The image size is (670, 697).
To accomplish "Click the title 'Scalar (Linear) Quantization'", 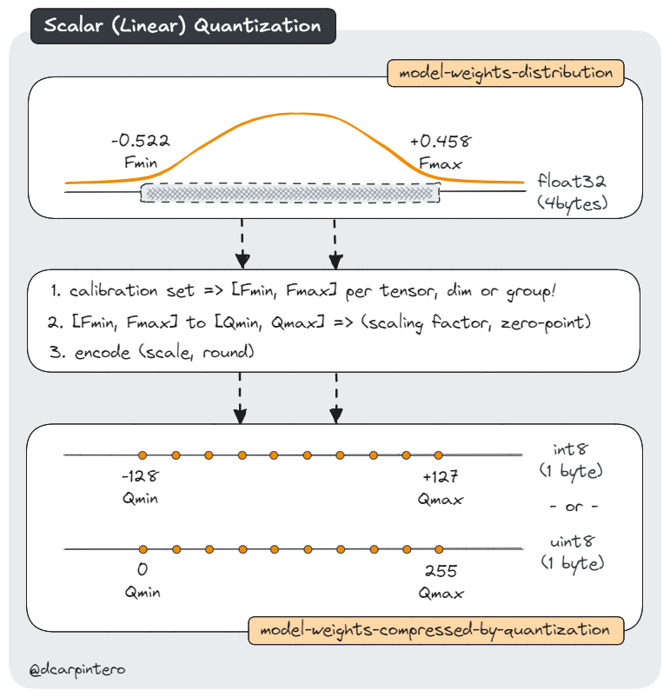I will [x=182, y=25].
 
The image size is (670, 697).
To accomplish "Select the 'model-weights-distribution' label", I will [x=506, y=73].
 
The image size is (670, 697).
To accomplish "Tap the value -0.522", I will [x=141, y=141].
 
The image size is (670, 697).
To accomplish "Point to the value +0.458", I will [x=441, y=141].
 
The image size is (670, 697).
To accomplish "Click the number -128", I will [x=142, y=477].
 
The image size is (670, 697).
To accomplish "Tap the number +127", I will [x=440, y=477].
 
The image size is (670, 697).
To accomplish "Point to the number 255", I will [x=440, y=572].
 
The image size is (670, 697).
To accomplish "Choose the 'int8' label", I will [x=571, y=450].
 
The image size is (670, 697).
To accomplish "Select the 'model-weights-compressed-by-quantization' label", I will [x=436, y=629].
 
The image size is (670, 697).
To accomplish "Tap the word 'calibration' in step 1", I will [x=110, y=292].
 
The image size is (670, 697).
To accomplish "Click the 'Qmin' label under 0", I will [x=142, y=593].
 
